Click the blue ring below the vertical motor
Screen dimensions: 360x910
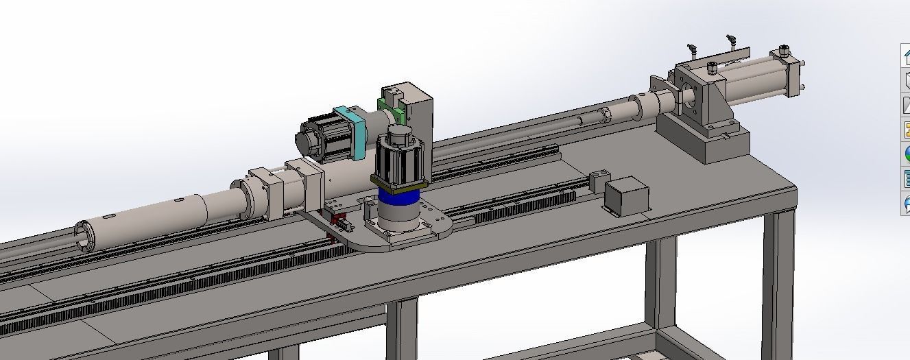pyautogui.click(x=398, y=199)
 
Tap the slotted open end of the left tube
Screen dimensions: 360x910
pyautogui.click(x=85, y=236)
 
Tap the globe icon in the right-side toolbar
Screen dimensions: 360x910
pyautogui.click(x=905, y=153)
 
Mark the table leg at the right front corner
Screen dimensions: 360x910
pyautogui.click(x=777, y=274)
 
